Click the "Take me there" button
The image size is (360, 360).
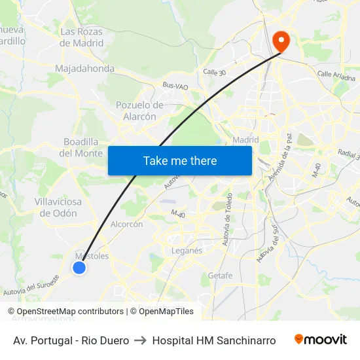pyautogui.click(x=180, y=160)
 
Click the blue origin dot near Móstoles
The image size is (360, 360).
pyautogui.click(x=79, y=267)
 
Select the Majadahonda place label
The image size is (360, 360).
pyautogui.click(x=85, y=69)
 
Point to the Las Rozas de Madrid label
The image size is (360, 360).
pyautogui.click(x=82, y=37)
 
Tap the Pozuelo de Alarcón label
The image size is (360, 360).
pyautogui.click(x=139, y=111)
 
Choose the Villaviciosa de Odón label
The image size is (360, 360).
pyautogui.click(x=58, y=207)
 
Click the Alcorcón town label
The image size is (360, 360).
pyautogui.click(x=127, y=224)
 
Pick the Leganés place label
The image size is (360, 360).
pyautogui.click(x=187, y=250)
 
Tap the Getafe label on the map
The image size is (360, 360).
pyautogui.click(x=220, y=276)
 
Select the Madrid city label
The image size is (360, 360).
pyautogui.click(x=246, y=139)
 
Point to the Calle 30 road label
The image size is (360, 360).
pyautogui.click(x=214, y=72)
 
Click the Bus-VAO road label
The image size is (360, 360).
pyautogui.click(x=175, y=85)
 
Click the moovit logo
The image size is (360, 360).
pyautogui.click(x=321, y=340)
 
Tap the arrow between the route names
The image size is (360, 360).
pyautogui.click(x=140, y=340)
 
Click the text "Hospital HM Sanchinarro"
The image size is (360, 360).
pyautogui.click(x=214, y=340)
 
